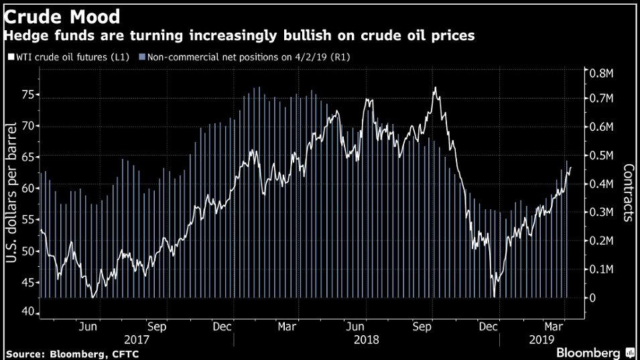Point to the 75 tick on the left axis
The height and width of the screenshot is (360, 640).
26,95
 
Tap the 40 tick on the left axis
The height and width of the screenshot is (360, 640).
26,312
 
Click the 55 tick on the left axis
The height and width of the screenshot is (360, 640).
26,220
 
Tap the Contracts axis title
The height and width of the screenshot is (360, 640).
628,192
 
